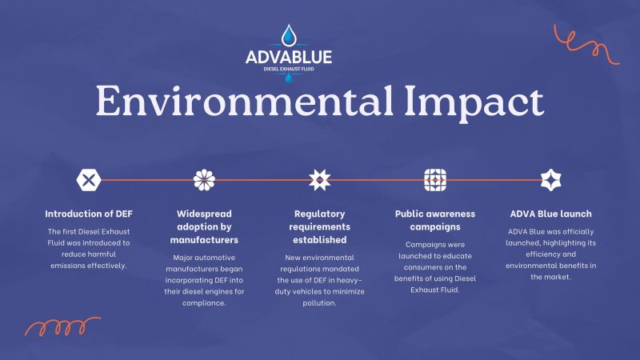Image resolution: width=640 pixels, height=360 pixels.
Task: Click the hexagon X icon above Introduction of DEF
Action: click(89, 180)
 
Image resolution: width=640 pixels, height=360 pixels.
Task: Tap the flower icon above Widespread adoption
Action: click(204, 180)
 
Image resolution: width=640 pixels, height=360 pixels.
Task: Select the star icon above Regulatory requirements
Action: click(319, 180)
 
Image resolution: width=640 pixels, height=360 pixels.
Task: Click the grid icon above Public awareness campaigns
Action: click(434, 180)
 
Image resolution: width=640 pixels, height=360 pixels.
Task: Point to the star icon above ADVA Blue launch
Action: click(550, 180)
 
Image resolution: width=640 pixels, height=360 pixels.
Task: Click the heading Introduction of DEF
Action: click(89, 214)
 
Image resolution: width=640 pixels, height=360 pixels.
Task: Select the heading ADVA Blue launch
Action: click(550, 214)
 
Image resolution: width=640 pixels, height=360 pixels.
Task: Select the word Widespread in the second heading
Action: click(204, 214)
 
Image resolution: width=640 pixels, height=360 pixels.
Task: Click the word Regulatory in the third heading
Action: click(319, 214)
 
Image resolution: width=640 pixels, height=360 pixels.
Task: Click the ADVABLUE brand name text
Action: click(289, 58)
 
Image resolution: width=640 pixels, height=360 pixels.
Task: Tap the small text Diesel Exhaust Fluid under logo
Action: click(289, 70)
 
